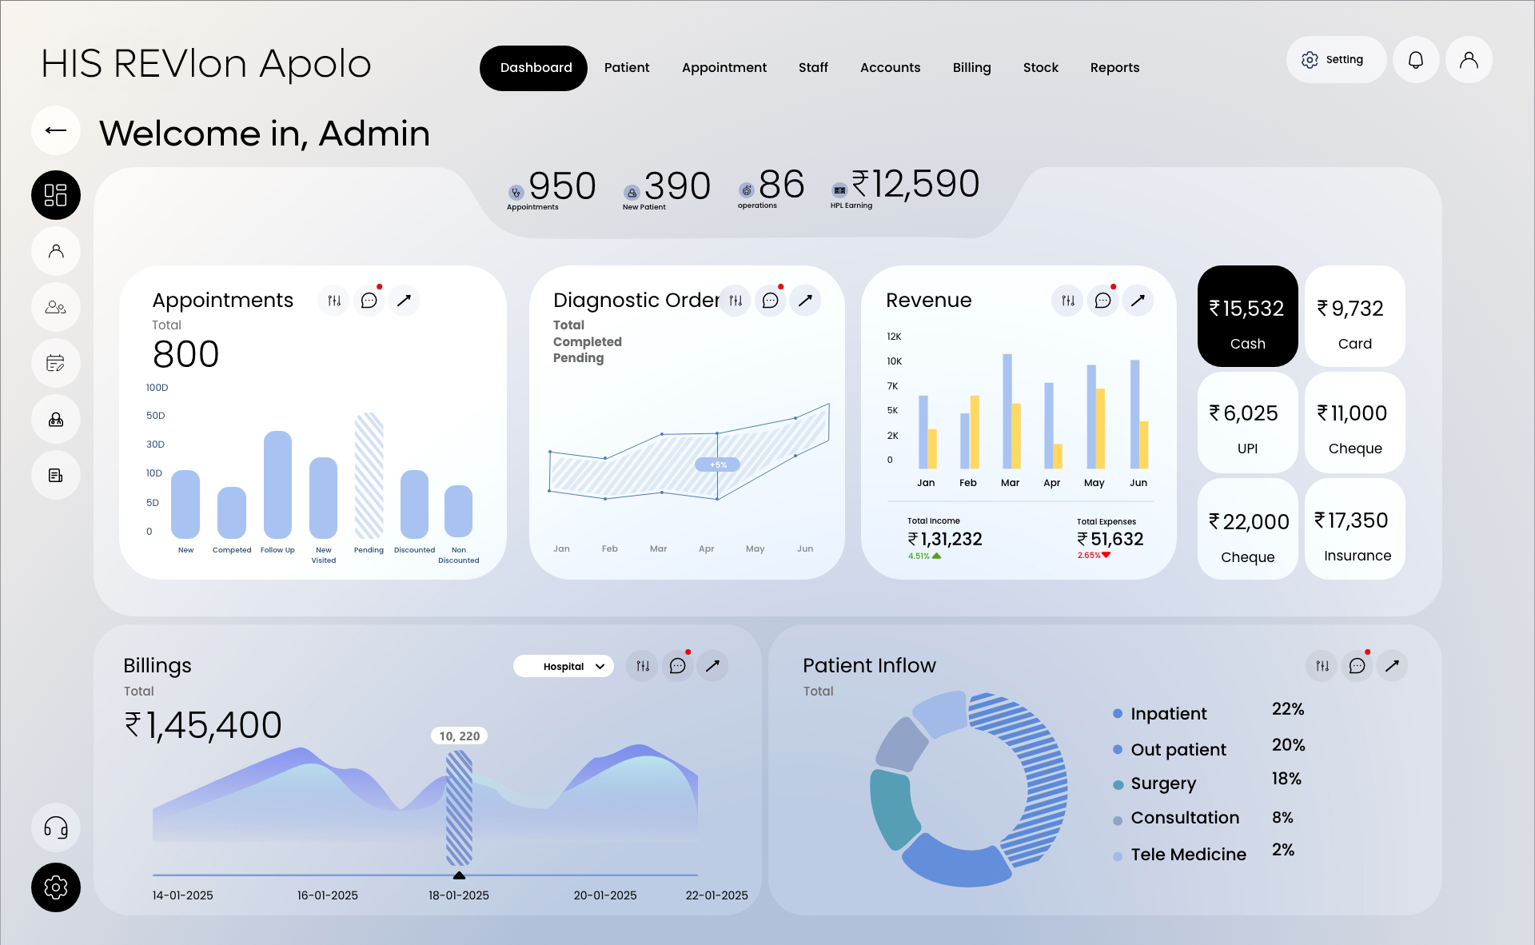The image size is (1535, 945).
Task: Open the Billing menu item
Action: tap(971, 68)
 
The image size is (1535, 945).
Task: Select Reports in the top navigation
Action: tap(1114, 68)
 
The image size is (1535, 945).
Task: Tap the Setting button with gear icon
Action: tap(1334, 60)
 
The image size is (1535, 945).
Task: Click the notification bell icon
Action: tap(1415, 60)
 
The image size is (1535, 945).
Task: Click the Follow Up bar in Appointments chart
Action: tap(277, 484)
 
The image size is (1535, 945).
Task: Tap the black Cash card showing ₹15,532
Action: tap(1247, 317)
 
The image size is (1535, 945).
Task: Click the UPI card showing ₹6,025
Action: tap(1247, 423)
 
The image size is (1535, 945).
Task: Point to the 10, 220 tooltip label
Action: tap(459, 736)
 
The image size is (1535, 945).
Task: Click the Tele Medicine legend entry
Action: tap(1187, 855)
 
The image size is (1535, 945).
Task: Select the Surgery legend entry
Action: tap(1162, 784)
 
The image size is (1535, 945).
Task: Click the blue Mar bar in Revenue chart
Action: tap(1007, 411)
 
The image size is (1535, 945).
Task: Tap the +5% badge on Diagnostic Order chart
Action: tap(718, 465)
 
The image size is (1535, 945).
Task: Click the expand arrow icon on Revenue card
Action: tap(1138, 301)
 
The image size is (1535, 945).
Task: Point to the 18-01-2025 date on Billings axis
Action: tap(459, 895)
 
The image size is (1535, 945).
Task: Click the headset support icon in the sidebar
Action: tap(56, 827)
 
